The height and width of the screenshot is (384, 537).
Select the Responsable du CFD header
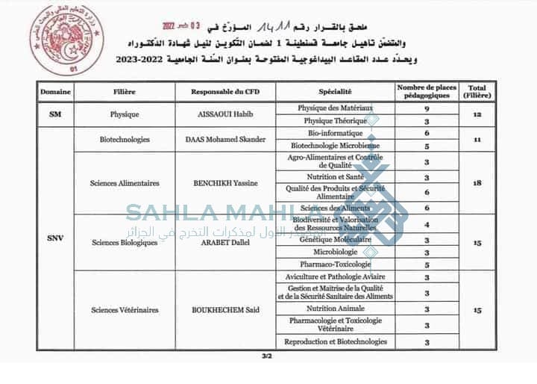tap(225, 93)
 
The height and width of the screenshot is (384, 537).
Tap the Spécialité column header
tap(335, 93)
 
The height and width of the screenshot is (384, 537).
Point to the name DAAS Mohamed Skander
tap(224, 140)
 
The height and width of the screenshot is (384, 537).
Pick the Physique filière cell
tap(125, 115)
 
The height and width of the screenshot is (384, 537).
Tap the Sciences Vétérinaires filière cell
tap(125, 310)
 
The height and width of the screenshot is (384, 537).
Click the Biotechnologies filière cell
tap(125, 140)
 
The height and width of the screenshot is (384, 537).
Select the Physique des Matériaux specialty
tap(335, 108)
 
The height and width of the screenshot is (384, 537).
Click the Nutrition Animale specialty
tap(335, 309)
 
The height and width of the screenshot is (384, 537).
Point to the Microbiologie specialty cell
tap(335, 253)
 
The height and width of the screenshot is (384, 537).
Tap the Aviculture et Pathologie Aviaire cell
tap(335, 277)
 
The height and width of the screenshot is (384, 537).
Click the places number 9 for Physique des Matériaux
tap(427, 109)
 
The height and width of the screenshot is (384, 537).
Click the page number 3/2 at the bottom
tap(266, 356)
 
